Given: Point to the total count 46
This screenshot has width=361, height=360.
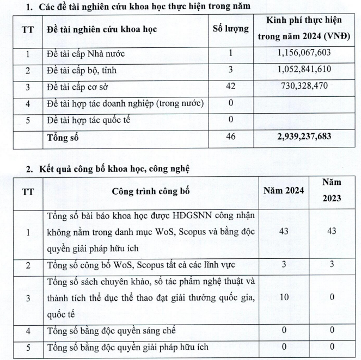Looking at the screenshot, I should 231,137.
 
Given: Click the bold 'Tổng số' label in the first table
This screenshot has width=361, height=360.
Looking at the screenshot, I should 62,137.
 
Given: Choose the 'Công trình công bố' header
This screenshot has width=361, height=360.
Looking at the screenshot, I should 149,191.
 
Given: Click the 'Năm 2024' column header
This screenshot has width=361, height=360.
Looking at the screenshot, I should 284,191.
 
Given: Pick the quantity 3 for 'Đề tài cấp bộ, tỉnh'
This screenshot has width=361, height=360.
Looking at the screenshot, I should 231,70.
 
